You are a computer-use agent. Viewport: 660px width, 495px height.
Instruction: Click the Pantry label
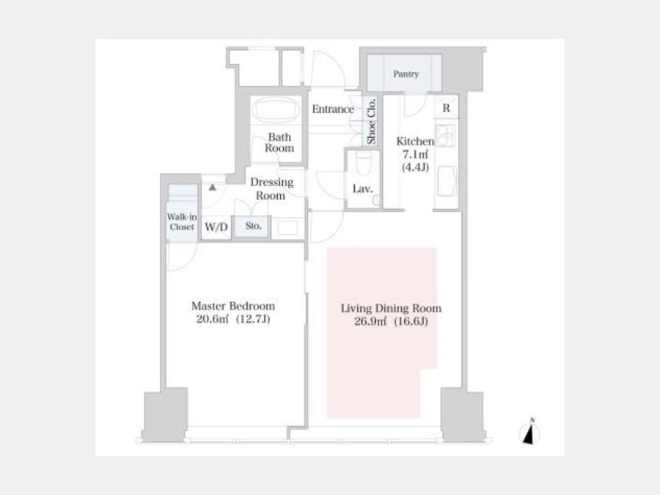[x=406, y=74]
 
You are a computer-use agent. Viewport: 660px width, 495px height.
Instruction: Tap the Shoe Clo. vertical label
[x=371, y=121]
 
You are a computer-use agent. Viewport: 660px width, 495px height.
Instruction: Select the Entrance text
[x=333, y=109]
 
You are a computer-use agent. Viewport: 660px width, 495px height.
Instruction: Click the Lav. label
[x=363, y=189]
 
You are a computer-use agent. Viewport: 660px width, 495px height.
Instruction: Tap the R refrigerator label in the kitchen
[x=446, y=109]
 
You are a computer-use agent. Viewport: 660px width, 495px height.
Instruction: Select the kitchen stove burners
[x=444, y=135]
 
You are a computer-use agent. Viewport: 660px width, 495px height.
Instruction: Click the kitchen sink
[x=447, y=181]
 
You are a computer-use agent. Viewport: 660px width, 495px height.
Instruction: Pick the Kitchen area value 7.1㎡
[x=415, y=154]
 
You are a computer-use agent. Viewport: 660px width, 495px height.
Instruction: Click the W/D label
[x=216, y=227]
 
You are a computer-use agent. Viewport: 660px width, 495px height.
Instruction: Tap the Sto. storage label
[x=254, y=226]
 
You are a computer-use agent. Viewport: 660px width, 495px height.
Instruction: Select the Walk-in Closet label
[x=182, y=221]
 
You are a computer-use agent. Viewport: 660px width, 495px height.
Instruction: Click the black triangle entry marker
[x=213, y=187]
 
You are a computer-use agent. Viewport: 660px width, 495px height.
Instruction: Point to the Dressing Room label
[x=271, y=189]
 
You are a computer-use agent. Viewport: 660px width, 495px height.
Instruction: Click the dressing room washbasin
[x=288, y=228]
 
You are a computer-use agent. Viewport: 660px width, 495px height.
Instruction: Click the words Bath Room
[x=279, y=143]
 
